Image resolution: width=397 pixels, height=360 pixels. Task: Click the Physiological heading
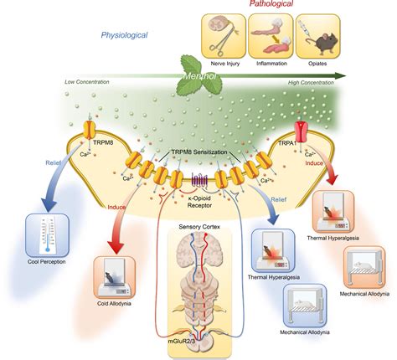click(x=125, y=35)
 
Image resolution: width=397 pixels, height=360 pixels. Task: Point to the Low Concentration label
click(x=89, y=82)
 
